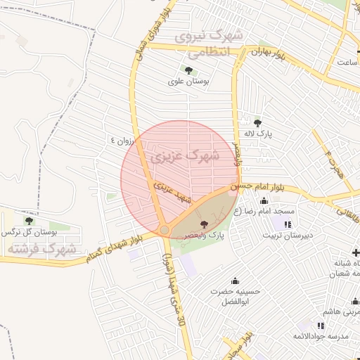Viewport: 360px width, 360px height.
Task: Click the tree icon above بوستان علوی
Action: [188, 70]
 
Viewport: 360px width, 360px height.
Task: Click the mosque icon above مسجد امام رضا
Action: [264, 201]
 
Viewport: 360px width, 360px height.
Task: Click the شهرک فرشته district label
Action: [41, 249]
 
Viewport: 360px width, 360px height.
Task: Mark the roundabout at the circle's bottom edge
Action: [164, 230]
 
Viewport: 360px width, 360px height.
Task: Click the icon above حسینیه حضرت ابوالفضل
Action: [235, 281]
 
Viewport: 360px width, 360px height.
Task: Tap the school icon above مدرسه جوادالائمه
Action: [321, 326]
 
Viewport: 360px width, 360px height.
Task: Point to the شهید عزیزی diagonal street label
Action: [175, 193]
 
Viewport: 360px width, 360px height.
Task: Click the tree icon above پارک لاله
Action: [257, 122]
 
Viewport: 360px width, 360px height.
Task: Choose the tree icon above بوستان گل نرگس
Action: [29, 221]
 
